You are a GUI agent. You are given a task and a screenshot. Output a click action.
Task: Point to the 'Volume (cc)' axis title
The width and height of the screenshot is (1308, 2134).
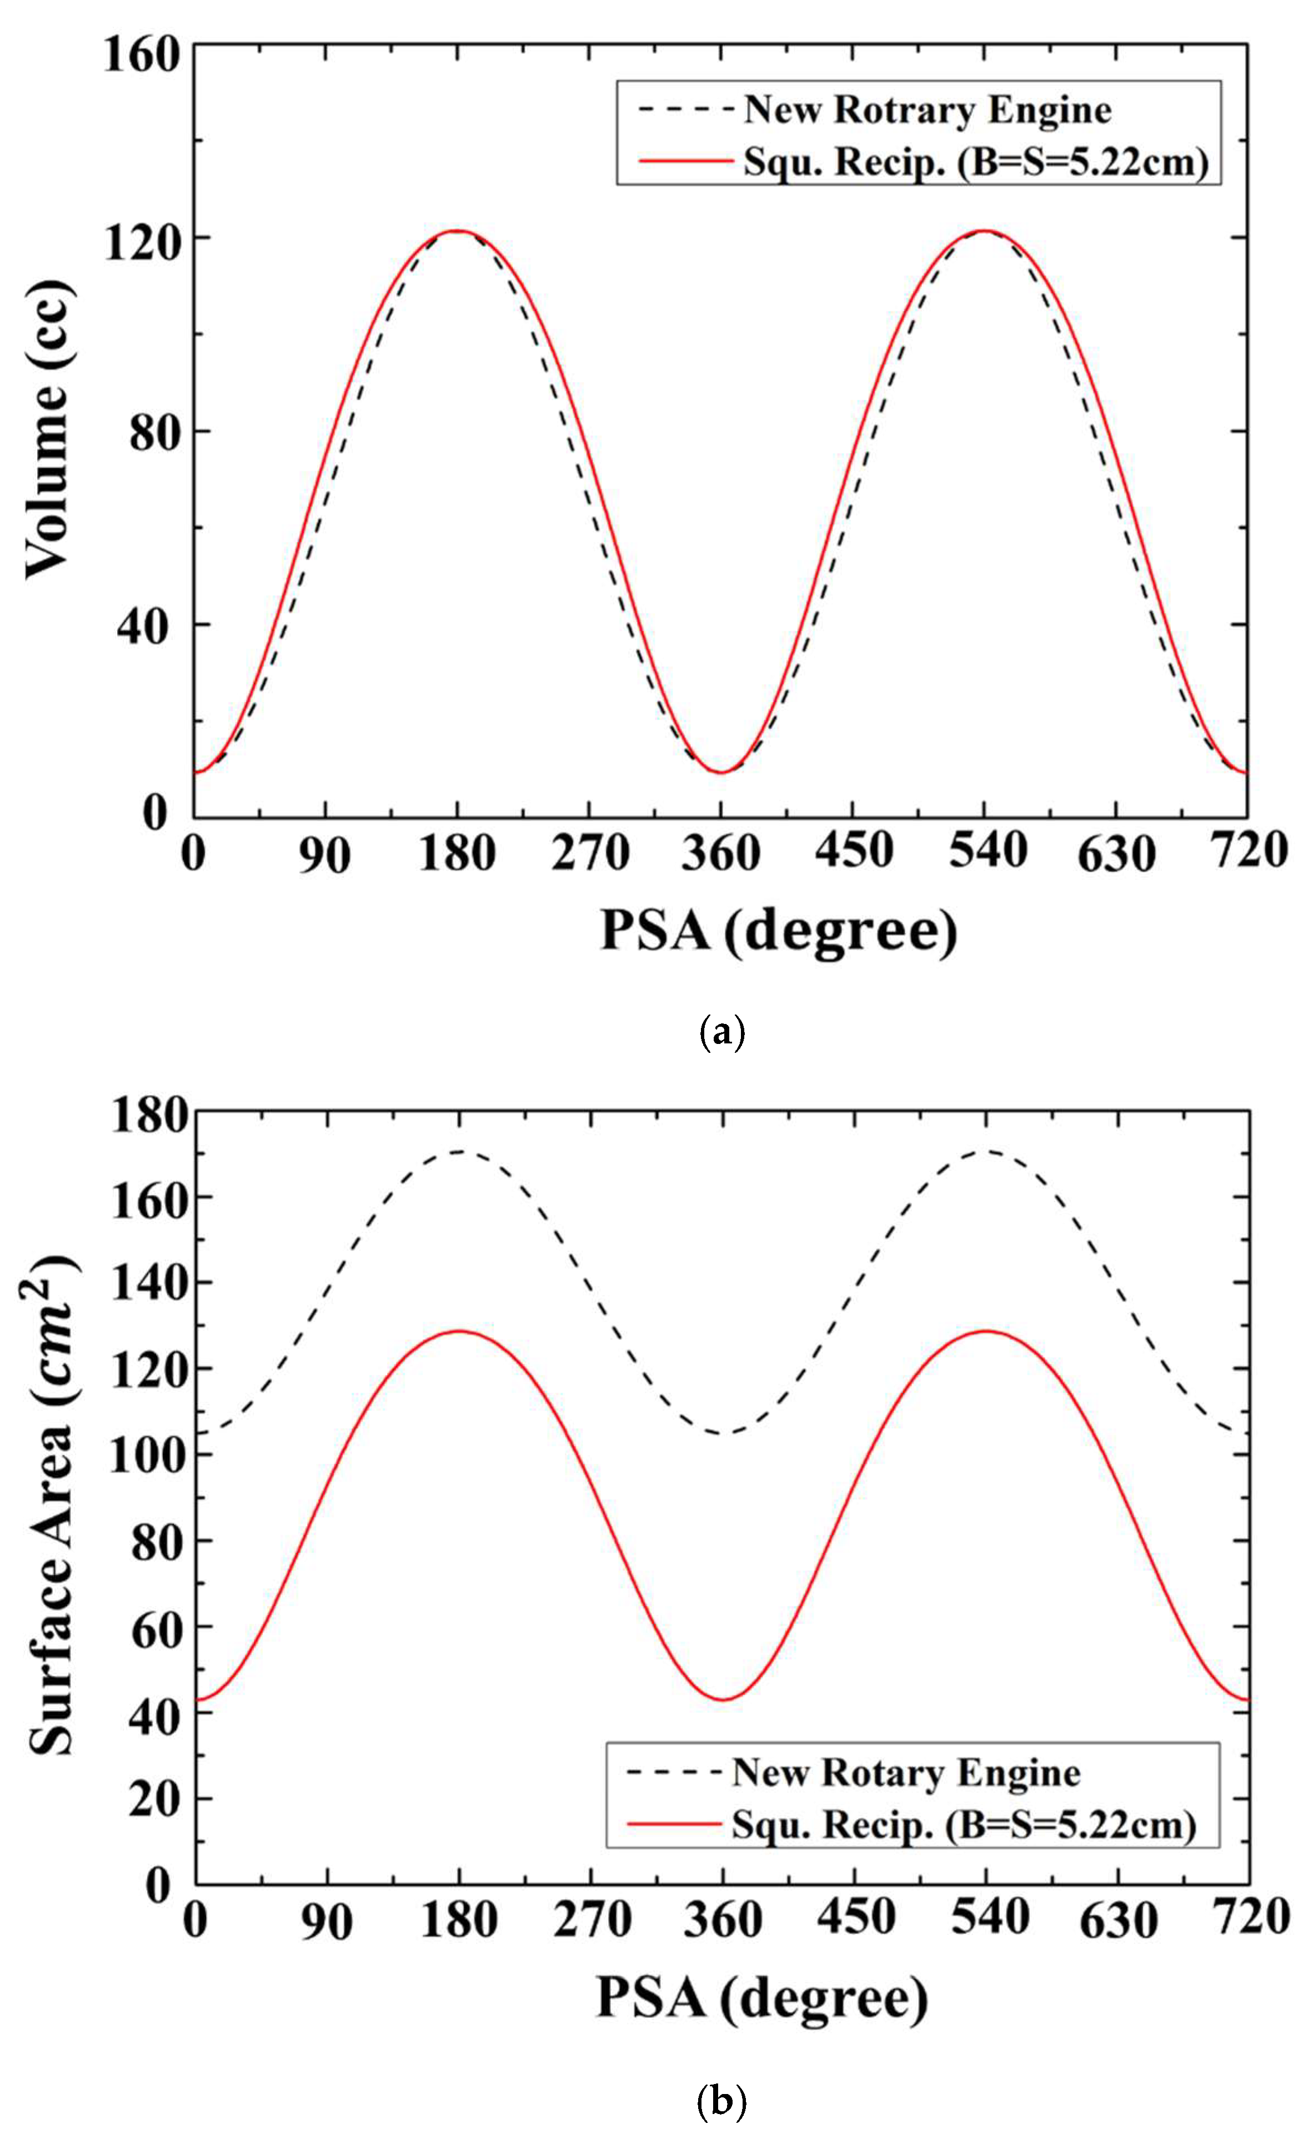tap(48, 430)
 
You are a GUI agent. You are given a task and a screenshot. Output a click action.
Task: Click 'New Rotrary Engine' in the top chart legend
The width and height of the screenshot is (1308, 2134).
tap(927, 110)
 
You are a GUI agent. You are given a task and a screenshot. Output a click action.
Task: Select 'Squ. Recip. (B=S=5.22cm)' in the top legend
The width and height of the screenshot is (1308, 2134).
tap(975, 162)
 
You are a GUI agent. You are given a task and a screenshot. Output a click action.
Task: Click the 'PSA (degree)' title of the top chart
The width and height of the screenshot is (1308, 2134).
tap(779, 932)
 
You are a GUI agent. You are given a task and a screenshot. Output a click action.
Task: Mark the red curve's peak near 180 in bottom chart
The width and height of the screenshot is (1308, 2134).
tap(459, 1331)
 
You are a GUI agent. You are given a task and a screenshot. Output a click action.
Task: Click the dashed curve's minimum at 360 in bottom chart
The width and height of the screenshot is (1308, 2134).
tap(721, 1433)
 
